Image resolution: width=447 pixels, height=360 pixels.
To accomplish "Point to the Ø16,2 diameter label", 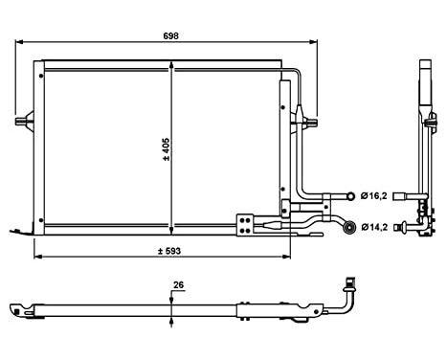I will [373, 195].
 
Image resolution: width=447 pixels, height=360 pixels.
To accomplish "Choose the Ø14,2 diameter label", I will [373, 227].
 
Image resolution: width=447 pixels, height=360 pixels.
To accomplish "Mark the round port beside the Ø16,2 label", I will [350, 195].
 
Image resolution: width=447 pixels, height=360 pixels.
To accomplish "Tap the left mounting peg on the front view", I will [24, 121].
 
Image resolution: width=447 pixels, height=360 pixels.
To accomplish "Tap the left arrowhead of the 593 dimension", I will [37, 259].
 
